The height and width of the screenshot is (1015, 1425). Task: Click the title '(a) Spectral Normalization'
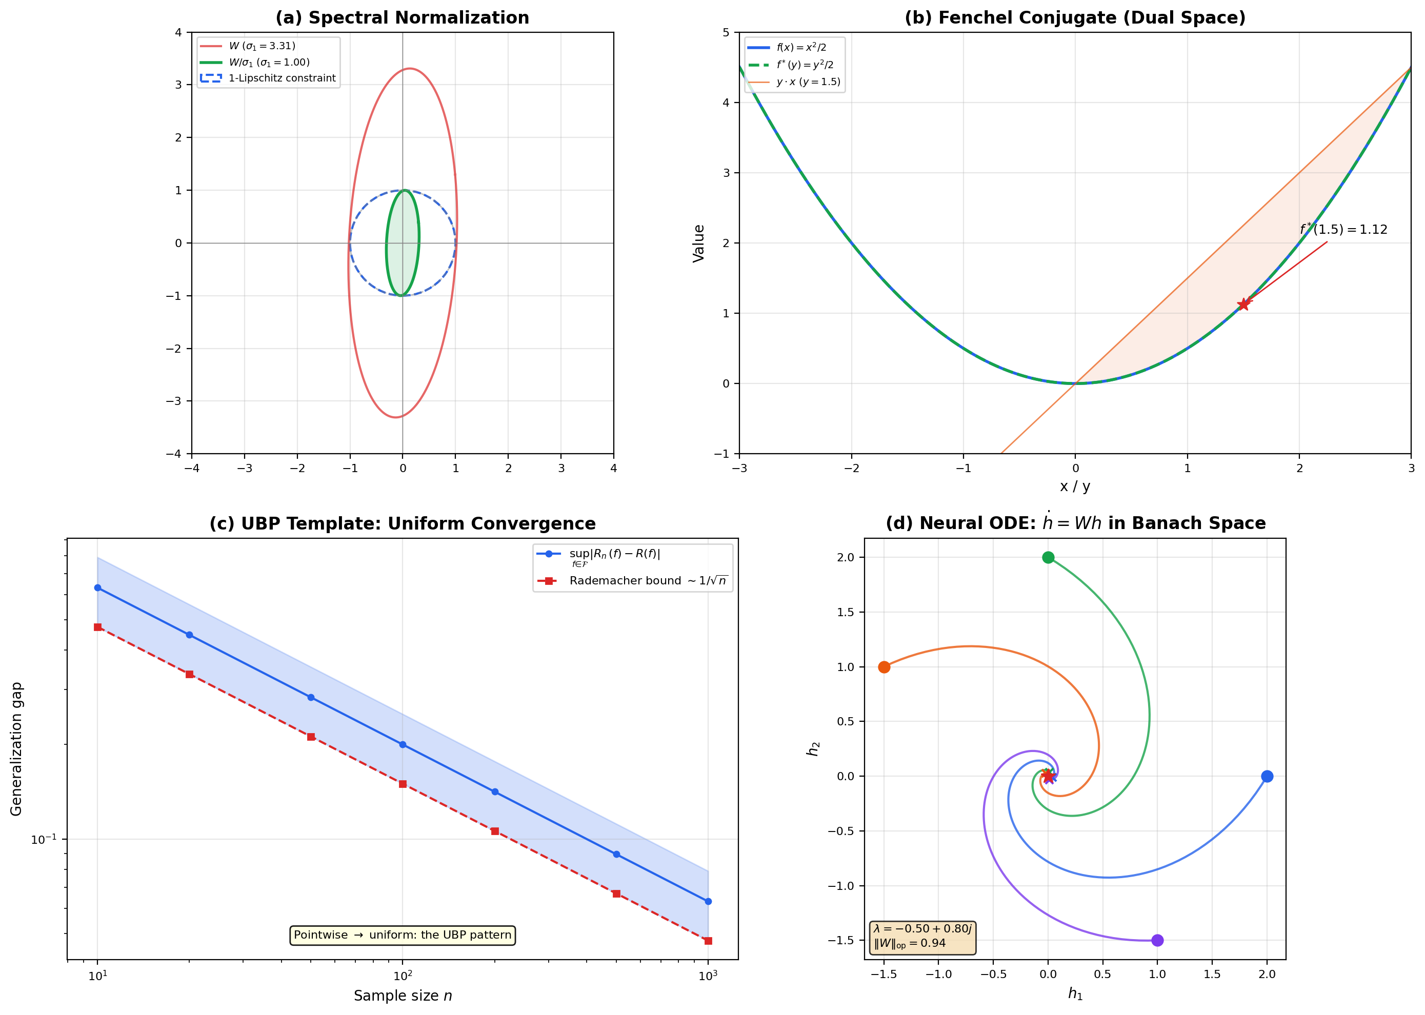point(402,17)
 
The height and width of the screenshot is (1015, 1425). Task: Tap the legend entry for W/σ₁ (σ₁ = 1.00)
point(269,62)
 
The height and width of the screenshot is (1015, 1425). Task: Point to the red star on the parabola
point(1243,304)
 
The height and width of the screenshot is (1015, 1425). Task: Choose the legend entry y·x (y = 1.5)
point(808,82)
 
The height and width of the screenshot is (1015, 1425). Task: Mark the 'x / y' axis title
point(1074,486)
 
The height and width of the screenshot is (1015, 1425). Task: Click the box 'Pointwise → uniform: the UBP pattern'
point(403,935)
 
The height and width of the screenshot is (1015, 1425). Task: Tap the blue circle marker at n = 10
point(97,587)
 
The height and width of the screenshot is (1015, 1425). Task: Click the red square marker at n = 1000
point(708,941)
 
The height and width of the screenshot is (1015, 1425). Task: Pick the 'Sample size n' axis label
point(403,996)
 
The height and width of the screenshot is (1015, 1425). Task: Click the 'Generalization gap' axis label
point(16,749)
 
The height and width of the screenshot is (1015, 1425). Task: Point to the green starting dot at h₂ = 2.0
point(1048,557)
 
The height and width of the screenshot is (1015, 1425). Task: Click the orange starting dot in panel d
point(884,667)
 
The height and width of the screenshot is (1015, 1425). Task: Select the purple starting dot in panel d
point(1157,940)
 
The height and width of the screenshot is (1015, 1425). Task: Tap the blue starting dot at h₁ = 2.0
point(1267,776)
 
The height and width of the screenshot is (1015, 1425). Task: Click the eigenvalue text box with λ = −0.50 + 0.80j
point(922,936)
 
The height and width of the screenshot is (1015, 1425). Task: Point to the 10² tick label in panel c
point(403,976)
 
